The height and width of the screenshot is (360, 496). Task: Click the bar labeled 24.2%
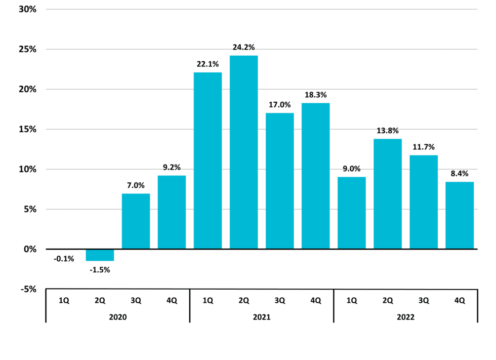click(x=243, y=152)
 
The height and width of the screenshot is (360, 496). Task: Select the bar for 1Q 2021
click(x=208, y=161)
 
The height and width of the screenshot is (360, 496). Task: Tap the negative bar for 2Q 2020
click(x=100, y=255)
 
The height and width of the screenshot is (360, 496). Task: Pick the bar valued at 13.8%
click(x=388, y=193)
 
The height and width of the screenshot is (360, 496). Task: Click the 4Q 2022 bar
click(x=460, y=215)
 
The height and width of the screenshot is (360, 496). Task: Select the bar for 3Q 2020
click(x=136, y=221)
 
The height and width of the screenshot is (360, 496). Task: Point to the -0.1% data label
click(x=64, y=259)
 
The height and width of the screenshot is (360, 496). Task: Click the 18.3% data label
click(x=315, y=95)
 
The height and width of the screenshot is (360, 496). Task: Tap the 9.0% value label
click(x=351, y=169)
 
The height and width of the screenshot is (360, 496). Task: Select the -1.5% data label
click(x=100, y=270)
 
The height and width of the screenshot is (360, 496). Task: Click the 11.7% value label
click(x=424, y=147)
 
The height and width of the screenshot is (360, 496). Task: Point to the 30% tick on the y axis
click(x=25, y=10)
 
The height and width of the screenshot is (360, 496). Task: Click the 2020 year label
click(x=117, y=317)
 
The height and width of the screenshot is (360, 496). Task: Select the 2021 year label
click(x=262, y=317)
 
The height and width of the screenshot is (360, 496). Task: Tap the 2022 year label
click(x=405, y=317)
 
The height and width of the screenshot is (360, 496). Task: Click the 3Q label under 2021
click(x=279, y=300)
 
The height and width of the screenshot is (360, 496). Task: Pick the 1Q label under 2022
click(x=351, y=300)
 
